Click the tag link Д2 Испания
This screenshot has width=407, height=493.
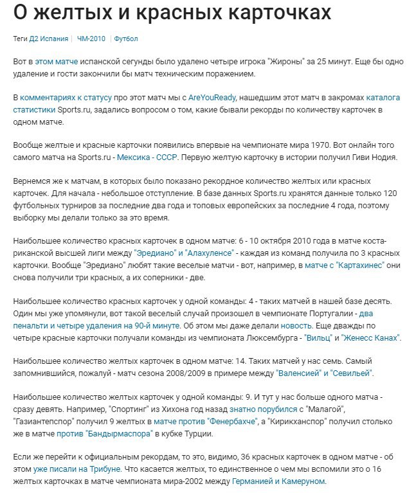(x=49, y=39)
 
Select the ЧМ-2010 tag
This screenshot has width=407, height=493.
(x=91, y=39)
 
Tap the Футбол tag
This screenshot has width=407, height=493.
(x=126, y=39)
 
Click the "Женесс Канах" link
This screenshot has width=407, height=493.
(x=370, y=337)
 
